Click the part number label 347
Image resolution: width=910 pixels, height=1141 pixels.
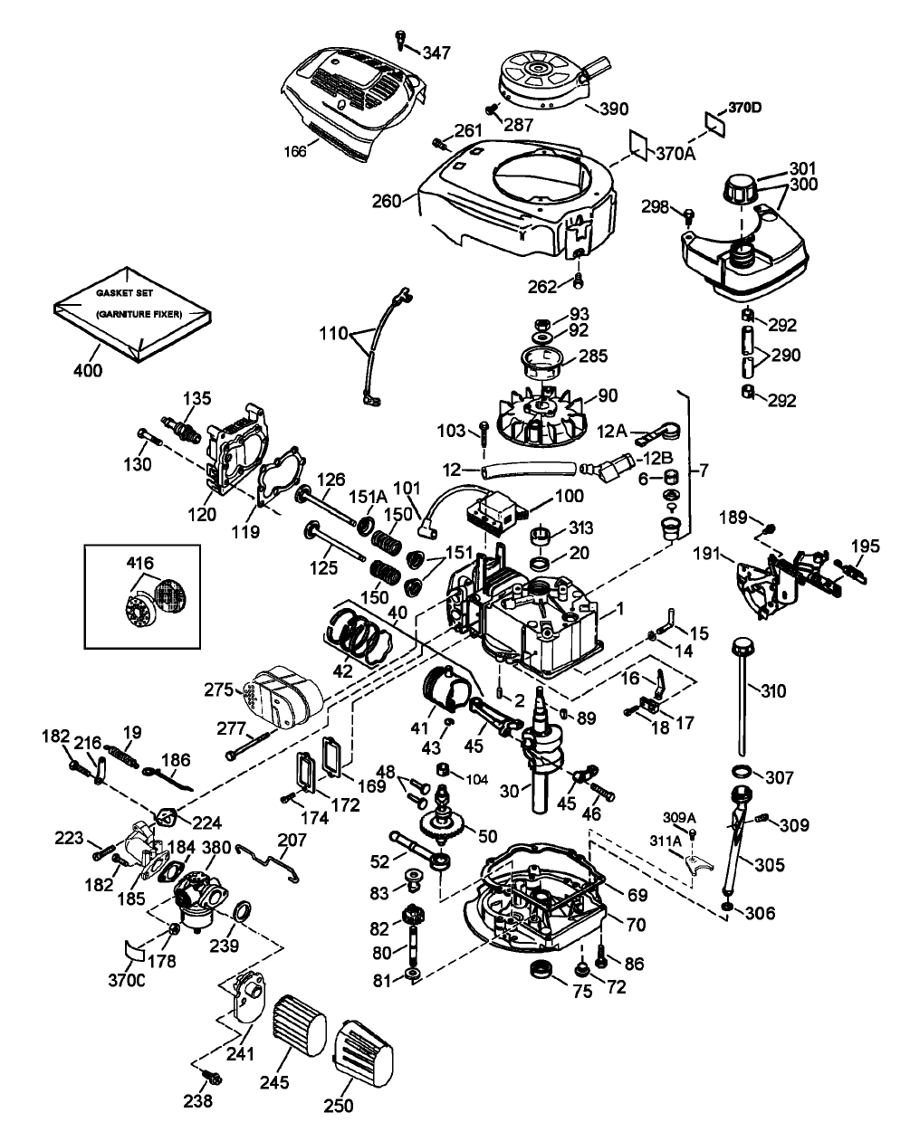(x=436, y=53)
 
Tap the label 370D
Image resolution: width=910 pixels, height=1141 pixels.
(x=743, y=108)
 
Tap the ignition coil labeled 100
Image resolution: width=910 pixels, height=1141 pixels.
(x=496, y=511)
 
